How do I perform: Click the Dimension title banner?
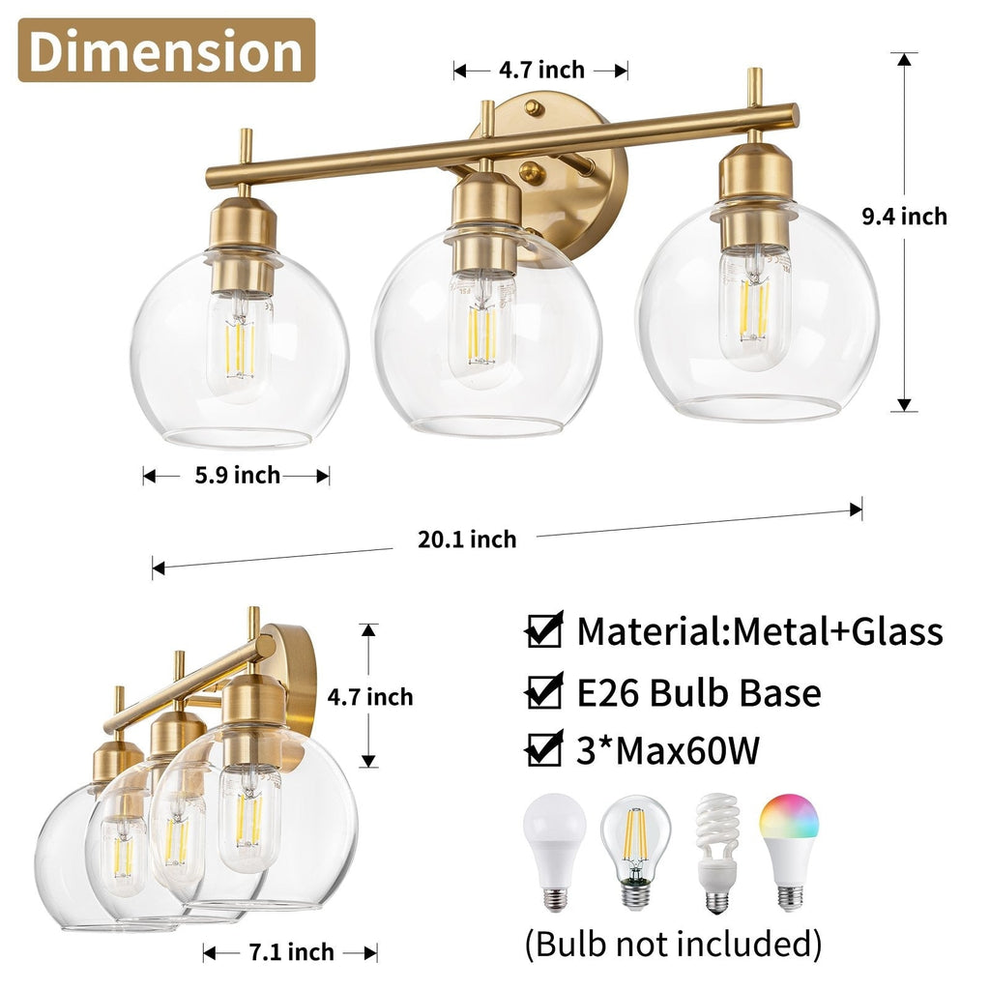[x=166, y=50]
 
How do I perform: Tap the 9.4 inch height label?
[x=904, y=217]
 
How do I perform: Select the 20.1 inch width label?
[x=467, y=539]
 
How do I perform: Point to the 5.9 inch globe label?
[x=237, y=476]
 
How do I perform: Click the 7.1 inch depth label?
[x=290, y=952]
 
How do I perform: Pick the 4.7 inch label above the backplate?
[x=541, y=70]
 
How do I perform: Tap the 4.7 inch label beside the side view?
[x=369, y=696]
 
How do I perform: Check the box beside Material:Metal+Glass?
[x=544, y=631]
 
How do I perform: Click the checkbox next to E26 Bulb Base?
[x=544, y=692]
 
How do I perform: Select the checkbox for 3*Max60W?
[x=544, y=751]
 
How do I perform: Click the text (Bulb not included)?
[x=673, y=943]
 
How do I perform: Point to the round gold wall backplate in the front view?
[x=570, y=169]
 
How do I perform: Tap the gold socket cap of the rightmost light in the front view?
[x=756, y=174]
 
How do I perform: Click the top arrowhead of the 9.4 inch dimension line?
[x=904, y=59]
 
